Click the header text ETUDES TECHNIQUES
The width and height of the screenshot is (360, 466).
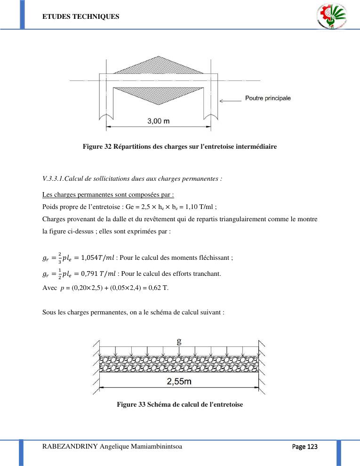(81, 16)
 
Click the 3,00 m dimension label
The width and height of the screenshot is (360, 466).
(159, 121)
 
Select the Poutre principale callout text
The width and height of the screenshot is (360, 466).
(268, 98)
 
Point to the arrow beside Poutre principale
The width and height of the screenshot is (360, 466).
(230, 100)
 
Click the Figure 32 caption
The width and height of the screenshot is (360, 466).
(180, 146)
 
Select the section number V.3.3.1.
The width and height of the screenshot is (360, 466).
(53, 178)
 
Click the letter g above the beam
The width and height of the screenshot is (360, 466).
(179, 342)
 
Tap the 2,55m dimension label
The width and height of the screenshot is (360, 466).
(179, 382)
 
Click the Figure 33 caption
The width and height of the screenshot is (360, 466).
(180, 404)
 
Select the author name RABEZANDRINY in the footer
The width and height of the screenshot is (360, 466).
(70, 447)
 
